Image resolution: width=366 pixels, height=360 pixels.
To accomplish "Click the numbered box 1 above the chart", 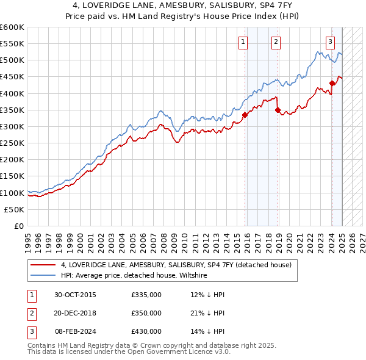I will pos(243,41).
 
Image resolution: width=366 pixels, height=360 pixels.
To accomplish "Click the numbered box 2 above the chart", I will pos(276,41).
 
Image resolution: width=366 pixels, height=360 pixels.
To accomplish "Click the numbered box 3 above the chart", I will pos(330,41).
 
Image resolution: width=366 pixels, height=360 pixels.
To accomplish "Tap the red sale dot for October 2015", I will pos(245,114).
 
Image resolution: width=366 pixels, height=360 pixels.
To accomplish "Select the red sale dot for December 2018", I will pos(278,110).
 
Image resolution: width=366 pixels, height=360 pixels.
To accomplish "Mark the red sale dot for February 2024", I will pos(332,84).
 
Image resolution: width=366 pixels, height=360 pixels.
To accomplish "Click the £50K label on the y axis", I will pos(15,209).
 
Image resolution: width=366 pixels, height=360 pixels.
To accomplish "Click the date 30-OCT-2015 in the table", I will pos(75,295).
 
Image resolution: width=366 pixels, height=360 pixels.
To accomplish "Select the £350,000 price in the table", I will pos(146,313).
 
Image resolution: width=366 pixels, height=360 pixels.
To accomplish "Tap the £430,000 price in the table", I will pos(146,331).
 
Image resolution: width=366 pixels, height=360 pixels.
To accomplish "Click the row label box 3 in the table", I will pos(29,331).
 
